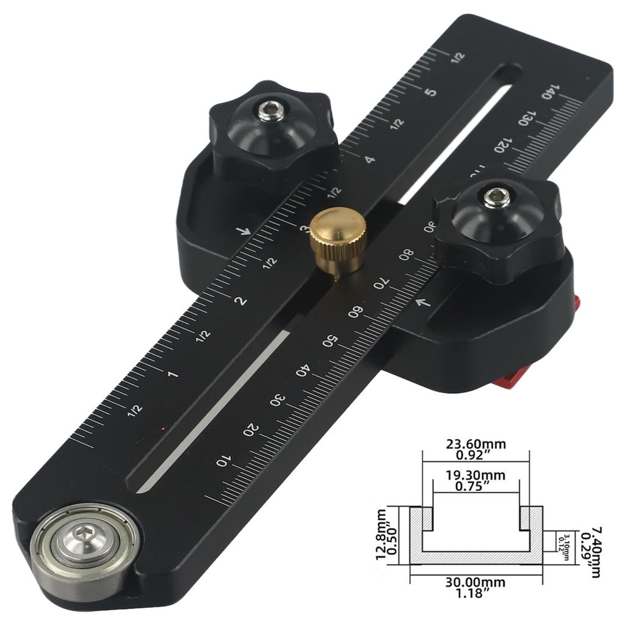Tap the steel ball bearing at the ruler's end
tap(84, 543)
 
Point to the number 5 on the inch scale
tap(431, 93)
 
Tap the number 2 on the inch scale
tap(242, 300)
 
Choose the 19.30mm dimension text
tap(475, 475)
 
